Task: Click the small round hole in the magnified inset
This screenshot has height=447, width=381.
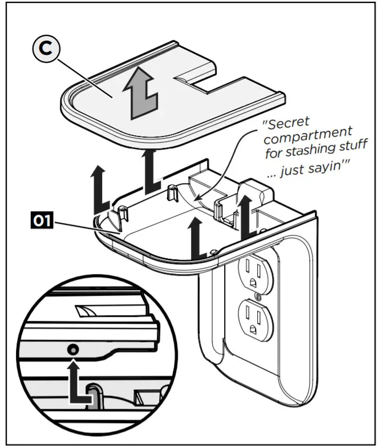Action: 73,349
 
